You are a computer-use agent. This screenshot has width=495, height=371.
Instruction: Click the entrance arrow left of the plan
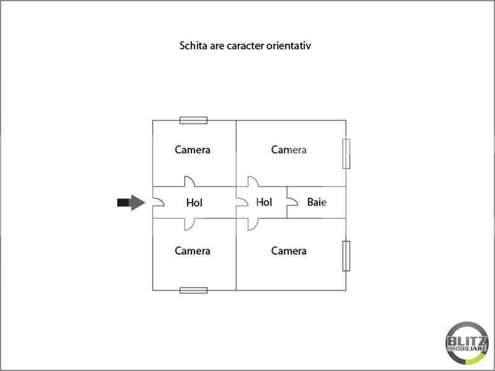(131, 202)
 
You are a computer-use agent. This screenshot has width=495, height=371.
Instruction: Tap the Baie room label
(317, 202)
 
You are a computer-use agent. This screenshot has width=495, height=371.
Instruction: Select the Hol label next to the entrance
(194, 203)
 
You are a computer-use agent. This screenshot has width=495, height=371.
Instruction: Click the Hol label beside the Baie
(264, 202)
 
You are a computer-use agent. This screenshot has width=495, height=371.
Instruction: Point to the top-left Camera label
(193, 150)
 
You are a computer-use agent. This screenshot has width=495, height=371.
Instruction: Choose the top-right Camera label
(289, 150)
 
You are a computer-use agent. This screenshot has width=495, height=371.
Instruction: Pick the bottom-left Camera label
(193, 251)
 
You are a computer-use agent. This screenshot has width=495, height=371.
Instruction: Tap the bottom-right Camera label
(289, 251)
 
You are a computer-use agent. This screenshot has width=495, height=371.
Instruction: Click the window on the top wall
(193, 120)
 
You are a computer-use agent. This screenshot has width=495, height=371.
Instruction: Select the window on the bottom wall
(193, 290)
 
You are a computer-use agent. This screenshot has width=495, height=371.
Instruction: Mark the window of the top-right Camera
(346, 154)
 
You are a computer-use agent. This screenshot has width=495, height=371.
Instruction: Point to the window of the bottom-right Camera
(346, 256)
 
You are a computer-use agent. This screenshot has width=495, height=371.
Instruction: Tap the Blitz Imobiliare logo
(467, 343)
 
